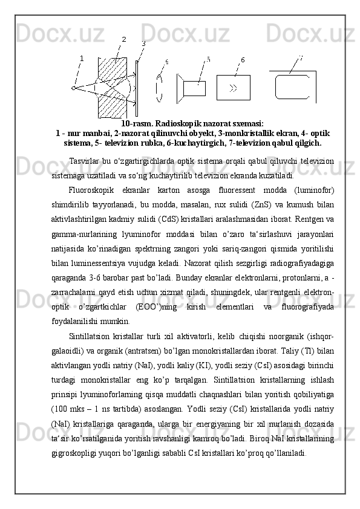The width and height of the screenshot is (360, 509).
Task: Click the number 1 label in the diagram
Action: coord(81,58)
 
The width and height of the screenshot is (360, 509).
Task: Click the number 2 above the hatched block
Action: coord(124,39)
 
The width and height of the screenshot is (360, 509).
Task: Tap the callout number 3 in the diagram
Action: coord(143,44)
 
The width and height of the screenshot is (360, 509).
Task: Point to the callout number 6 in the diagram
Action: coord(243,60)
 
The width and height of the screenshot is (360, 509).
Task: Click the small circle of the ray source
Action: coord(73,88)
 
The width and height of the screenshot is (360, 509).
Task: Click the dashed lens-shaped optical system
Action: coord(160,88)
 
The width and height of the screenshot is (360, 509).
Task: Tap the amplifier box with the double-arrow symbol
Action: coord(233,88)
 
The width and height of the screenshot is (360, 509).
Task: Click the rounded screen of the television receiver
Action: coord(293,86)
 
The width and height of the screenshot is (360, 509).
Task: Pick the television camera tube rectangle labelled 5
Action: coord(194,88)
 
